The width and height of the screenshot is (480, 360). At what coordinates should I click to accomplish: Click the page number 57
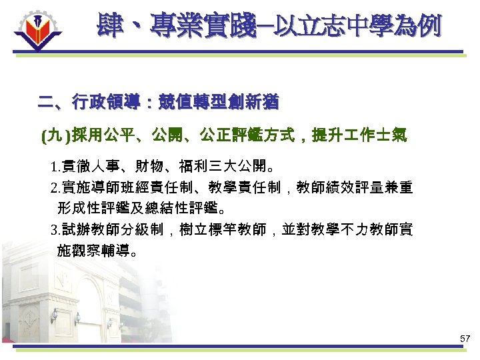pos(465,339)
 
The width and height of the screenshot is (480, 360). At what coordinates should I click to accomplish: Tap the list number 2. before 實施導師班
pos(55,188)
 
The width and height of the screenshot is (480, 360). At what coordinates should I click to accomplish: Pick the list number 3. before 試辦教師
pos(55,231)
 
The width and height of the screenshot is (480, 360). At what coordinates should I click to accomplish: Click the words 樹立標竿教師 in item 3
pos(222,231)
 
